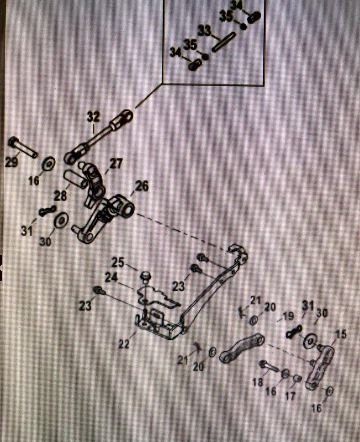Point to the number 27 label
point(115,164)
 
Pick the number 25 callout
point(118,261)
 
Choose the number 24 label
point(112,277)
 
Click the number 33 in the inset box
point(205,31)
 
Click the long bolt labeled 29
point(23,148)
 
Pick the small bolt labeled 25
point(146,275)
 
